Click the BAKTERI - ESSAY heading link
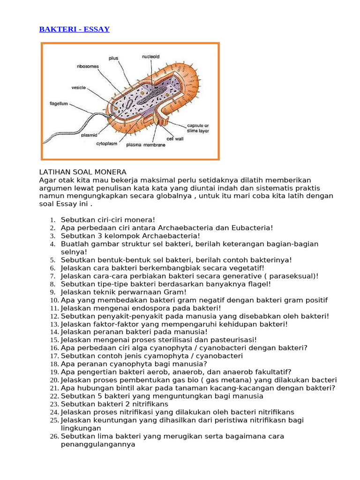(x=74, y=30)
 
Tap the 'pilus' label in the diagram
(x=113, y=59)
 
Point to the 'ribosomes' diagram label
(x=88, y=67)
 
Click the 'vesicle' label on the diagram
(x=78, y=87)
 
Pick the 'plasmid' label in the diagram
(x=89, y=135)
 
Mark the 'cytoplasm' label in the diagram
(x=106, y=143)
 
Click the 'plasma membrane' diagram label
(x=146, y=145)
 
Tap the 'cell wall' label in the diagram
(x=174, y=139)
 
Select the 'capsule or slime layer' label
(x=198, y=128)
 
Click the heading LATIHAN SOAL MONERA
(x=83, y=172)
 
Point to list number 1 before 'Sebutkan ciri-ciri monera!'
(x=53, y=220)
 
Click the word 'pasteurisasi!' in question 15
(x=233, y=340)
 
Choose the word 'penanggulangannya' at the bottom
(x=98, y=444)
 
